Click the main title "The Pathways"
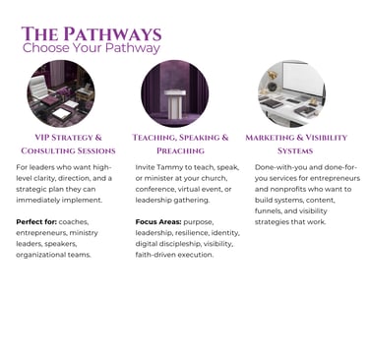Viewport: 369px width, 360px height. [92, 34]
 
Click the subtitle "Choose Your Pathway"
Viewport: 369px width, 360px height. [92, 48]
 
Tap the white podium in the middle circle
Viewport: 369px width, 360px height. [175, 104]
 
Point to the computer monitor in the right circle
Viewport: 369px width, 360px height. [302, 79]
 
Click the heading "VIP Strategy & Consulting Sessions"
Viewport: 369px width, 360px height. [68, 144]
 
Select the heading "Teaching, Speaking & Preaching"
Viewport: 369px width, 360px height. [180, 144]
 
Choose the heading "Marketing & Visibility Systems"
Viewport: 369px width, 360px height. [296, 144]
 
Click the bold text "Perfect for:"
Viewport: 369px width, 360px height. [36, 222]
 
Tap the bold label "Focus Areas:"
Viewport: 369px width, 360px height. [158, 222]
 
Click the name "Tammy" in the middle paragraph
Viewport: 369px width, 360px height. [169, 167]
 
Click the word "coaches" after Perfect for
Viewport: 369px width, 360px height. [74, 222]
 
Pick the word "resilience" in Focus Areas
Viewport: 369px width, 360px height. [192, 233]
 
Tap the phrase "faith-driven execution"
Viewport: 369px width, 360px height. [174, 255]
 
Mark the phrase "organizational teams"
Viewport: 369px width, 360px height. [53, 255]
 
